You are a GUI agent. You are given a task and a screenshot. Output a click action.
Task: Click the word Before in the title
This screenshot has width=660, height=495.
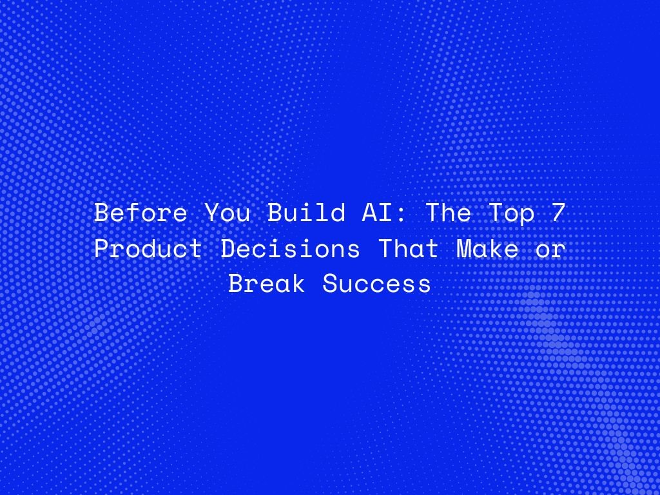141,213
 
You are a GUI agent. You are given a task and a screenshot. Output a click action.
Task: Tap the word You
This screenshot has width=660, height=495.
228,213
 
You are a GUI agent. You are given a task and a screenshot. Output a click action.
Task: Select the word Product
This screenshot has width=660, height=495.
149,249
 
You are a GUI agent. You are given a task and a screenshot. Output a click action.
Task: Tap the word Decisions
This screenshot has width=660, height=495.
291,249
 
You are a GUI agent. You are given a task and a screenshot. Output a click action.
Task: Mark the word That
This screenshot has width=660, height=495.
409,249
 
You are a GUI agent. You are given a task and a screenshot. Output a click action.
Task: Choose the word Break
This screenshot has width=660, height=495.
267,284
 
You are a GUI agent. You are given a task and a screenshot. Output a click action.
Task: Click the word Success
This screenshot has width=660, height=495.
377,284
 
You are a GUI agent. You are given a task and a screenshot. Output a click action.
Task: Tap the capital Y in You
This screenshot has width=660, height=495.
212,213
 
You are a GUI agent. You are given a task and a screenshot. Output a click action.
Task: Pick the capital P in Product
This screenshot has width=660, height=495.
102,249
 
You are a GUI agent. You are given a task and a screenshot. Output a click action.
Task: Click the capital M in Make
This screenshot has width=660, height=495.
464,249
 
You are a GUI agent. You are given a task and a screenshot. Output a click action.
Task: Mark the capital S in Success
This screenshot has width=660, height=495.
331,284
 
